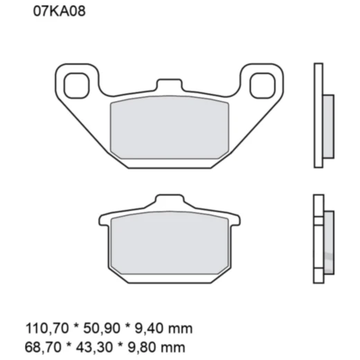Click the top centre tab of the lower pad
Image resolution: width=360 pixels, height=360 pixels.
click(x=168, y=202)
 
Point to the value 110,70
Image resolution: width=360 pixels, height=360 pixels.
click(x=43, y=328)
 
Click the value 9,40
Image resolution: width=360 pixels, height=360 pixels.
click(x=149, y=328)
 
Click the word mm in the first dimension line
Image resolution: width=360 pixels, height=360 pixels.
click(x=181, y=328)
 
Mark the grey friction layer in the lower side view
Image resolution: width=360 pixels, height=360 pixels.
click(x=328, y=240)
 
